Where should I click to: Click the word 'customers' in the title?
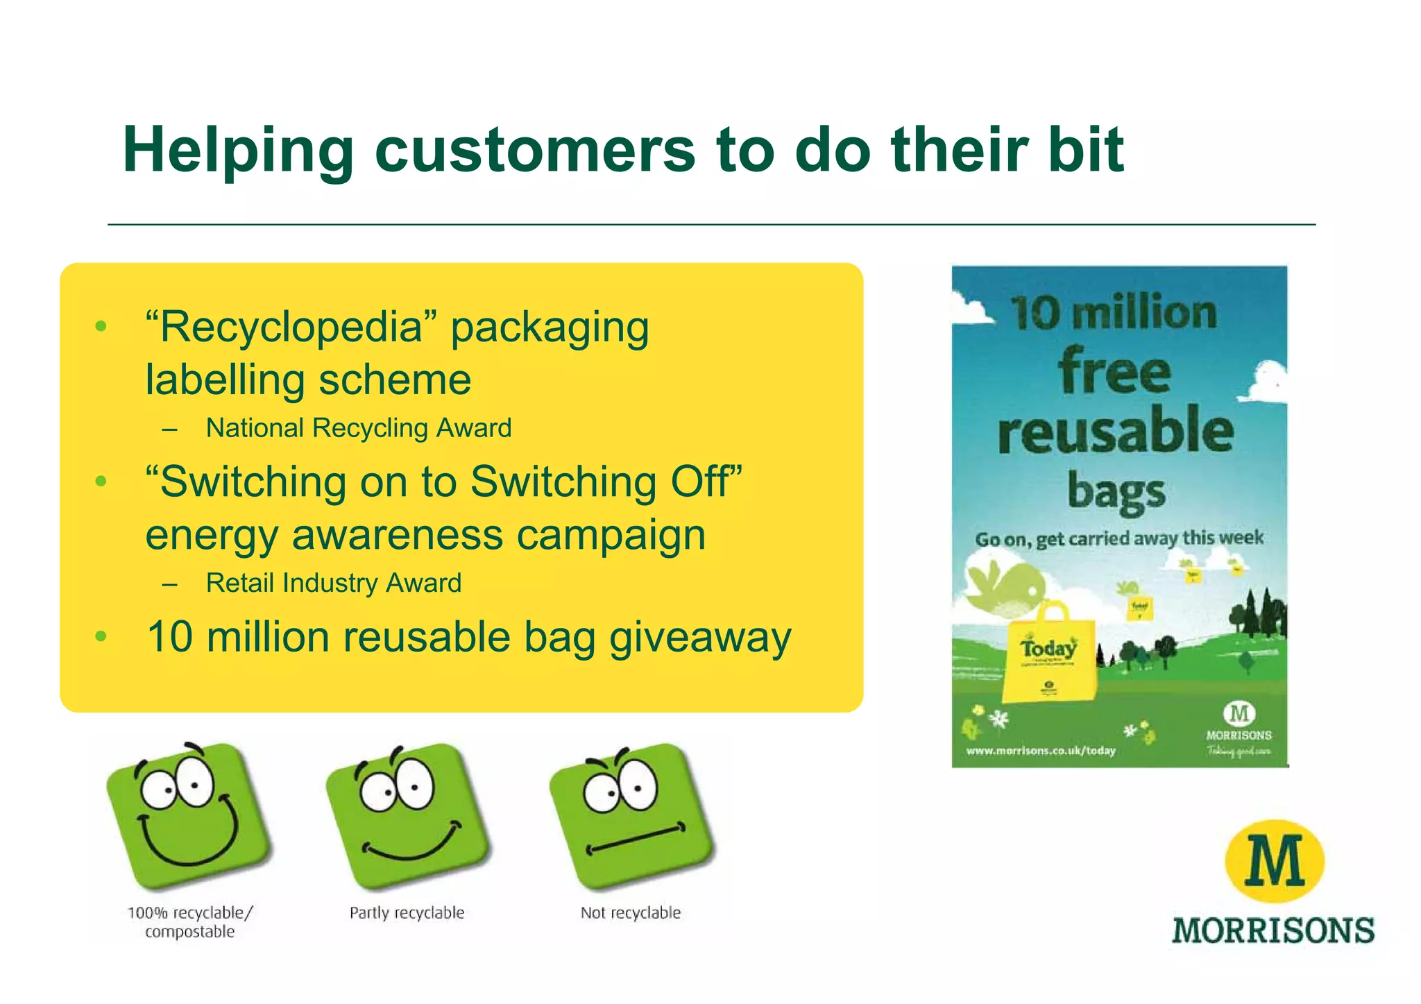tap(534, 151)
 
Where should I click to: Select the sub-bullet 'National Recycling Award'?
tap(358, 428)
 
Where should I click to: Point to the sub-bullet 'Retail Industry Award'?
tap(333, 583)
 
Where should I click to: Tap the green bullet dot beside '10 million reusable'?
tap(101, 636)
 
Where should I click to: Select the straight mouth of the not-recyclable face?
tap(636, 839)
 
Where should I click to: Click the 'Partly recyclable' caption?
tap(407, 913)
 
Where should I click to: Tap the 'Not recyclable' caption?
tap(630, 913)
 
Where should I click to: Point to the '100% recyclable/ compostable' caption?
tap(189, 922)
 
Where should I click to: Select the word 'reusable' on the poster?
tap(1116, 429)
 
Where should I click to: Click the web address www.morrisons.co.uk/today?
tap(1041, 751)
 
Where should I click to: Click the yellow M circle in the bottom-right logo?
tap(1274, 861)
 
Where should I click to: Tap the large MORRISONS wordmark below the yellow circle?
tap(1273, 930)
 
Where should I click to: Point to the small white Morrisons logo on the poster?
tap(1239, 722)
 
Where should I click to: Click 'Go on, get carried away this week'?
tap(1118, 538)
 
